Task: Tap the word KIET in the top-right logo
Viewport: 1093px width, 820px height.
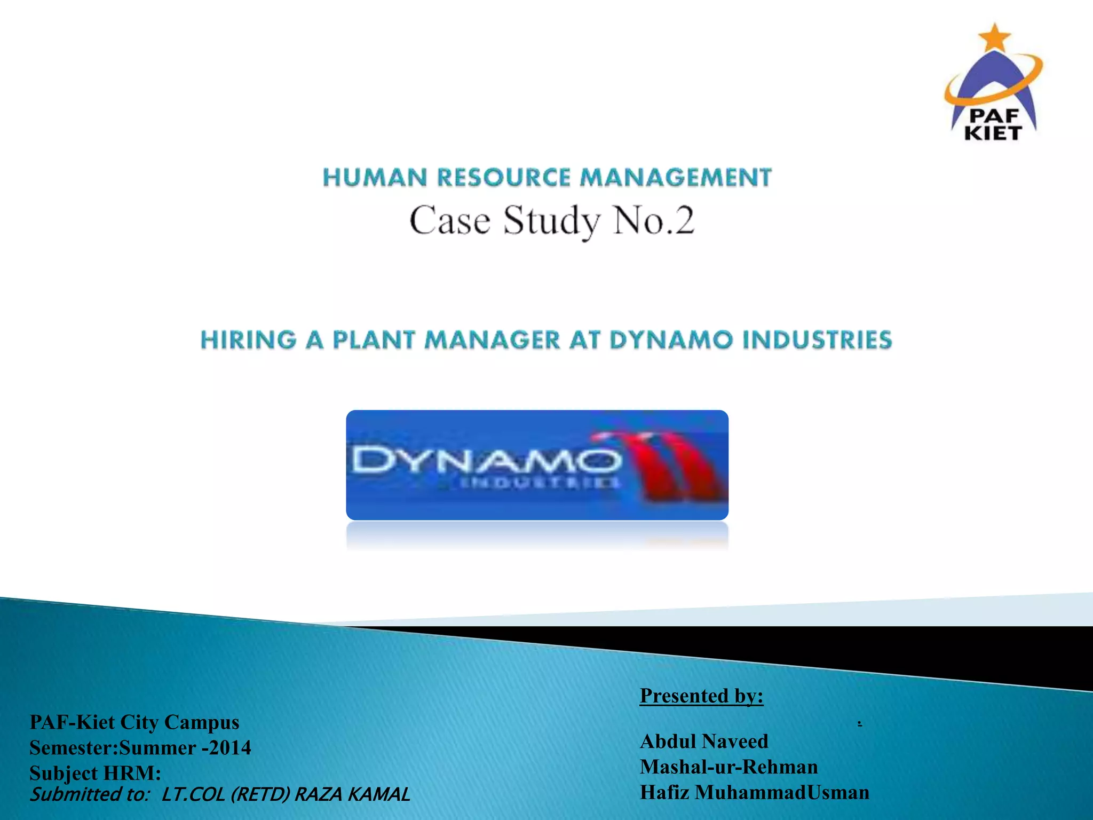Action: point(993,133)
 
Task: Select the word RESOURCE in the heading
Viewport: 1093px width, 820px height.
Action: point(504,178)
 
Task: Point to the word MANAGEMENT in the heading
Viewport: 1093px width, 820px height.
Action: point(676,178)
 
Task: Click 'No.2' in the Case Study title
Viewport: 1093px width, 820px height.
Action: point(654,220)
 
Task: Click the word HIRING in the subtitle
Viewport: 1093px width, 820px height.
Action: point(248,340)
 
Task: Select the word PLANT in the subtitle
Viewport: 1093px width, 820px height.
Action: point(374,340)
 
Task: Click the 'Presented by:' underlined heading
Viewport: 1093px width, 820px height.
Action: point(701,696)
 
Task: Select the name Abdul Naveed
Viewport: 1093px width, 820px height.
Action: point(703,741)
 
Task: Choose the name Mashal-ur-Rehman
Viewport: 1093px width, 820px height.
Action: point(728,767)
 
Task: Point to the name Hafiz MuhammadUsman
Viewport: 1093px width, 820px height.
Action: point(754,792)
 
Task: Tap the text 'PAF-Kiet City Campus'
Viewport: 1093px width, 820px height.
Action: point(134,722)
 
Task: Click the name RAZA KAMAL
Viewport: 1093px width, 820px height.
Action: point(352,794)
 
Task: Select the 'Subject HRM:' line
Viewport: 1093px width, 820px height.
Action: point(95,772)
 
